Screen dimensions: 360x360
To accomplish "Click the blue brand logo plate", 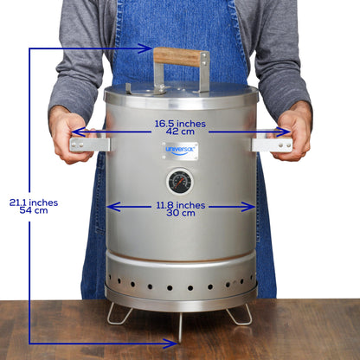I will tap(180, 151).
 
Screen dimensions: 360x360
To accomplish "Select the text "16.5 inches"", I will tap(181, 124).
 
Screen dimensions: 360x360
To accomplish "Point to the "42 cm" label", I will tap(181, 132).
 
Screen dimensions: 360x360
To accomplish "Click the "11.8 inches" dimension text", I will tap(181, 205).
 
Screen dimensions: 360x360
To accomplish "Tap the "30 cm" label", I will tap(181, 214).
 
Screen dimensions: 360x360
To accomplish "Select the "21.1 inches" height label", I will tap(34, 202).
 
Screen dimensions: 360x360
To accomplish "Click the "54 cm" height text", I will tap(34, 211).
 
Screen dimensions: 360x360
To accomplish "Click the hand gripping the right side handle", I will tap(295, 130).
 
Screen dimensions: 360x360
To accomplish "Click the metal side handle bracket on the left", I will tap(90, 145).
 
